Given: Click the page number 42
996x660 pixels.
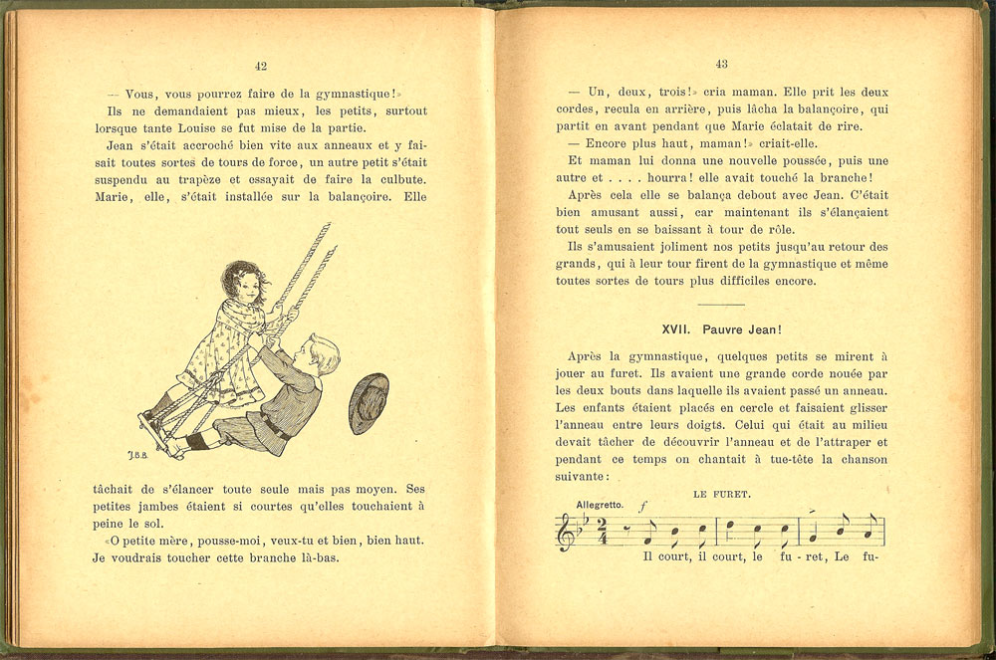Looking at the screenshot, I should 261,66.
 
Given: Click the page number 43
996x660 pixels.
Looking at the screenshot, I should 721,64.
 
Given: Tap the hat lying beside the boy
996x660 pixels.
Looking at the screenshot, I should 369,402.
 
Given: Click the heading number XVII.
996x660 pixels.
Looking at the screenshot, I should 676,329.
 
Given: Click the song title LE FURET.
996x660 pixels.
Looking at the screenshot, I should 721,494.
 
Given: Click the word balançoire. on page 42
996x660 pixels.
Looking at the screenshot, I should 356,197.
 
